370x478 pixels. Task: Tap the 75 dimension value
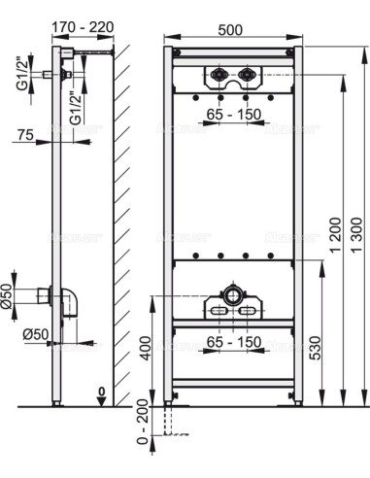coord(26,137)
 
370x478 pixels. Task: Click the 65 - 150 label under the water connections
coord(233,114)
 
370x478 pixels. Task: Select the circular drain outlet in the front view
coord(233,292)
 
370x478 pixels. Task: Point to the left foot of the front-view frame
coord(170,398)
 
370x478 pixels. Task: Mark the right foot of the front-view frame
coord(297,398)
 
